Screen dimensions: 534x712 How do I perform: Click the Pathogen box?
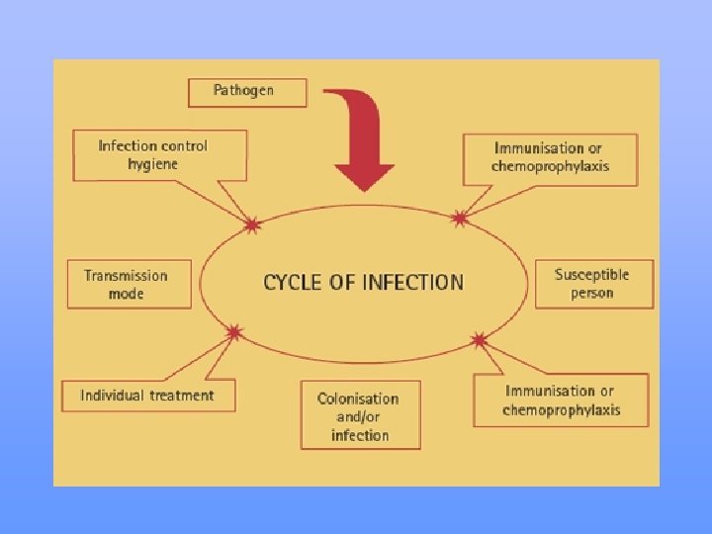[x=246, y=92]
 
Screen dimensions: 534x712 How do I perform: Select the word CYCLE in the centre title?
[x=294, y=282]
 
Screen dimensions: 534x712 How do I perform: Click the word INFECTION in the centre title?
[x=413, y=282]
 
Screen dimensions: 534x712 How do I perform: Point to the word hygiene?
[x=152, y=163]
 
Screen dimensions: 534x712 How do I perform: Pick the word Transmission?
[x=126, y=275]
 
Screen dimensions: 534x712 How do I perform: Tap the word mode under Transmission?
[x=126, y=294]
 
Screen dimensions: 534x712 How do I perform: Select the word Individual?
[x=113, y=396]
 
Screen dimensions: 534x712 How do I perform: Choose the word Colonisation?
[x=358, y=399]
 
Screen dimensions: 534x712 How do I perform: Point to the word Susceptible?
[x=591, y=274]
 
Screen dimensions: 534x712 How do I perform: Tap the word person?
[x=591, y=293]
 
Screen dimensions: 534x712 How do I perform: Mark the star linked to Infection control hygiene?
[x=252, y=225]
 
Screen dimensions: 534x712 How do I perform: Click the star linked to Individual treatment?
[x=234, y=331]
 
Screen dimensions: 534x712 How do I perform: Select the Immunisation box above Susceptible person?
[x=550, y=157]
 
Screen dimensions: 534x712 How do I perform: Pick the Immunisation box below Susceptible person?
[x=561, y=400]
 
